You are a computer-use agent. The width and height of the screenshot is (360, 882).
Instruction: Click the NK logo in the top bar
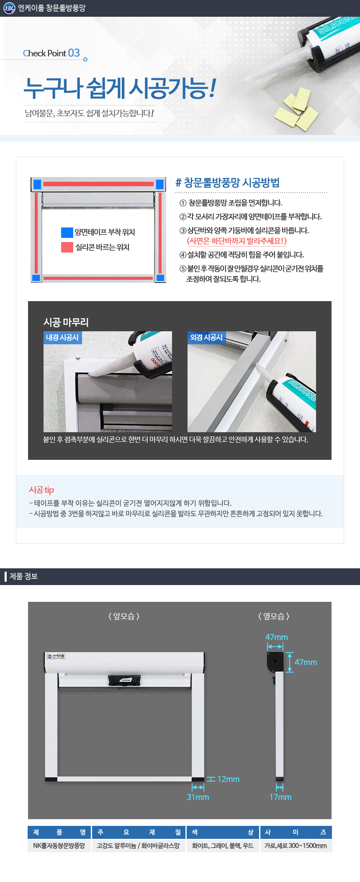9,8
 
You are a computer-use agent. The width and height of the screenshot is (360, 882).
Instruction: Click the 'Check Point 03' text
51,53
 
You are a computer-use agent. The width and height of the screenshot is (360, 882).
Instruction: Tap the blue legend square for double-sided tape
67,232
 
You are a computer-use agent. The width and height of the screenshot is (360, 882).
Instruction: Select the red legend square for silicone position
67,247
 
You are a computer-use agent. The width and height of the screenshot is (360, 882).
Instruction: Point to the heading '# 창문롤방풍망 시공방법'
227,183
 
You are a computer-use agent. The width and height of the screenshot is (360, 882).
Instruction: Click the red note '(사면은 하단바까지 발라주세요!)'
237,241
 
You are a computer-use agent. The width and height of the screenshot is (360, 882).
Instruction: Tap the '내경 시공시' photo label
62,338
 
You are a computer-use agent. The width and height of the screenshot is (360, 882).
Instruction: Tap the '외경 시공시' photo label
206,338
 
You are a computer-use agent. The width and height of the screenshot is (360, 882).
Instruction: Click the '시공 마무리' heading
66,322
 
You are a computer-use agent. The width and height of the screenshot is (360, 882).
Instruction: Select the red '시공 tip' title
41,490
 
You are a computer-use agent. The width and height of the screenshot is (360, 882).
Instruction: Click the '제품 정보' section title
23,576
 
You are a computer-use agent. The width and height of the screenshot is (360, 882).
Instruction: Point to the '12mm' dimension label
229,779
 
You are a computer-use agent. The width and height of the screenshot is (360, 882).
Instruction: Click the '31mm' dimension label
198,797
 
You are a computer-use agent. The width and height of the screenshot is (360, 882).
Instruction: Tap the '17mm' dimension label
280,797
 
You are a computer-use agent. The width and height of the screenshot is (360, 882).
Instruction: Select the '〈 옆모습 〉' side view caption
274,616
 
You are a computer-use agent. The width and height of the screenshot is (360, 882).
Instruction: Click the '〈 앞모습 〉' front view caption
124,616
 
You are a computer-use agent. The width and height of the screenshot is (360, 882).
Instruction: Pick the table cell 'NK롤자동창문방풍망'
59,846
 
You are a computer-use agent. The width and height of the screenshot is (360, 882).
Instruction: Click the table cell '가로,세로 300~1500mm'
296,846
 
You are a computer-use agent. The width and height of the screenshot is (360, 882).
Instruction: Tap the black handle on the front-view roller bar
124,680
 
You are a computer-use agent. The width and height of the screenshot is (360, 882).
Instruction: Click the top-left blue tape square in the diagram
37,184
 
